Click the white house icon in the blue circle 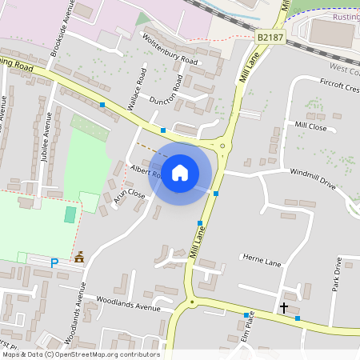tap(180, 172)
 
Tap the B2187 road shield tap(270, 37)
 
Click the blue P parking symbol tap(54, 262)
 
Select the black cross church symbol tap(283, 307)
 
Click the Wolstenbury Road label tap(170, 48)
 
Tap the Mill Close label tap(310, 126)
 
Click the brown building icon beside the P tap(78, 258)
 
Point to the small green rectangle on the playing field tap(70, 214)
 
